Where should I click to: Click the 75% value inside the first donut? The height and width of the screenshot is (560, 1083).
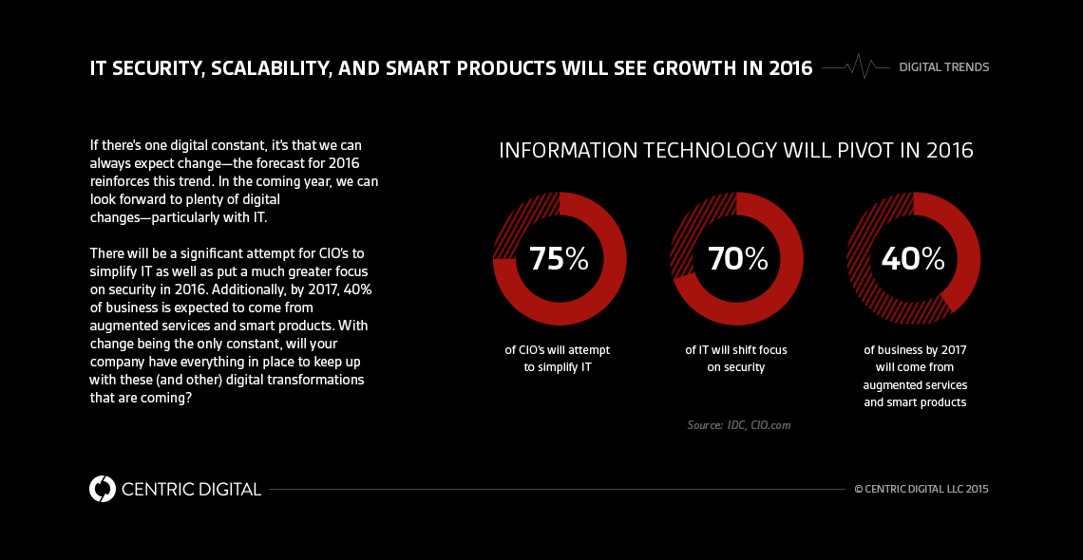click(x=559, y=259)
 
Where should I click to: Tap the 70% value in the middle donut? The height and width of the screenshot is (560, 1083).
click(x=736, y=259)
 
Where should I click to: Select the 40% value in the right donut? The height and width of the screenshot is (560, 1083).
click(x=913, y=258)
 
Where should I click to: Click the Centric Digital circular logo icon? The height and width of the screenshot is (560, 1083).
click(x=102, y=489)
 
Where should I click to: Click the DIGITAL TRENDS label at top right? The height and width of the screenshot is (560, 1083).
click(x=943, y=67)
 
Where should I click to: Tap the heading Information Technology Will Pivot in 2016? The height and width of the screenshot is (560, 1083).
click(x=736, y=151)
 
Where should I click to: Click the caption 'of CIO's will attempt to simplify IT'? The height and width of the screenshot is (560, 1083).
click(x=558, y=358)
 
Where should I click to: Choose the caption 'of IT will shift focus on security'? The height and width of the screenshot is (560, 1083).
click(x=736, y=358)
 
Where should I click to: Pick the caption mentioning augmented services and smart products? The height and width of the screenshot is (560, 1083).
click(x=914, y=376)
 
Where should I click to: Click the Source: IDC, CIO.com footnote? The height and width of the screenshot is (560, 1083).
click(x=738, y=425)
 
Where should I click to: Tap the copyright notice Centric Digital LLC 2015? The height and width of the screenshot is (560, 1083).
click(x=921, y=490)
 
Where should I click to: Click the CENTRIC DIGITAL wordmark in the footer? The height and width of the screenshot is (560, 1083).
click(x=191, y=490)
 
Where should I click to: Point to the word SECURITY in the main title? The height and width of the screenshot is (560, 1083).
click(x=157, y=68)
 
